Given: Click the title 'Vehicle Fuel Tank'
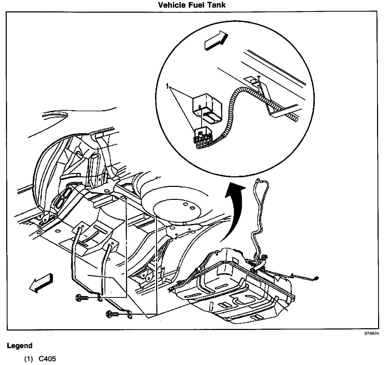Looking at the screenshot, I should pyautogui.click(x=192, y=5).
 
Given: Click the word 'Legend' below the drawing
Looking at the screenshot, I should pyautogui.click(x=20, y=346).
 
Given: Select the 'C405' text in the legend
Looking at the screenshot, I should pyautogui.click(x=47, y=359).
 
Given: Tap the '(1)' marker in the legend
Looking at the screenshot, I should pyautogui.click(x=29, y=359).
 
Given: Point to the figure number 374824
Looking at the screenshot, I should pyautogui.click(x=372, y=334).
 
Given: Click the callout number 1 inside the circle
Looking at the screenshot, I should pyautogui.click(x=168, y=86).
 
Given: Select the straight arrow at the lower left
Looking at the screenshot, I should pyautogui.click(x=41, y=283).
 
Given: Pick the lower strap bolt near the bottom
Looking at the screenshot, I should pyautogui.click(x=112, y=314).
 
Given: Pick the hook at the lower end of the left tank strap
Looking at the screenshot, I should pyautogui.click(x=100, y=297).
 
